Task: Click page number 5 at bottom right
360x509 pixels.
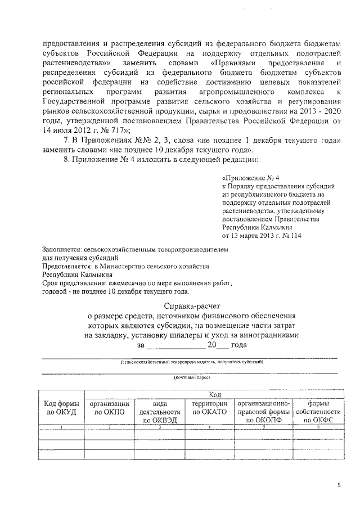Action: [339, 484]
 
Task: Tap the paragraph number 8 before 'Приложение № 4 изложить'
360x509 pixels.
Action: [66, 160]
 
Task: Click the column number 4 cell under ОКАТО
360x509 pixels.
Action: [209, 428]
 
